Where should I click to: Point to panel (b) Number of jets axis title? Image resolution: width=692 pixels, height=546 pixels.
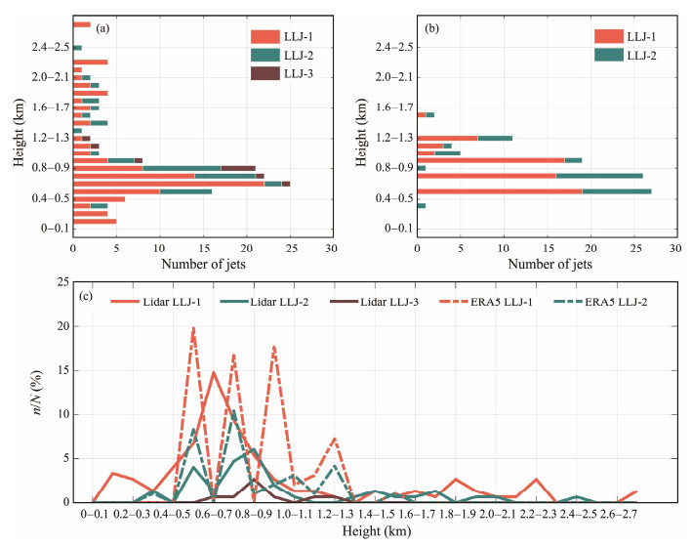point(546,263)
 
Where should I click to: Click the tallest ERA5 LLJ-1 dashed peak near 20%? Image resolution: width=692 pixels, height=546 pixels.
point(193,328)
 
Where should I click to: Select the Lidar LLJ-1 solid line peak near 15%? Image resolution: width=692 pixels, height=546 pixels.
point(214,372)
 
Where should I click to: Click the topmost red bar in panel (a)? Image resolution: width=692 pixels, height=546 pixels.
point(82,24)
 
